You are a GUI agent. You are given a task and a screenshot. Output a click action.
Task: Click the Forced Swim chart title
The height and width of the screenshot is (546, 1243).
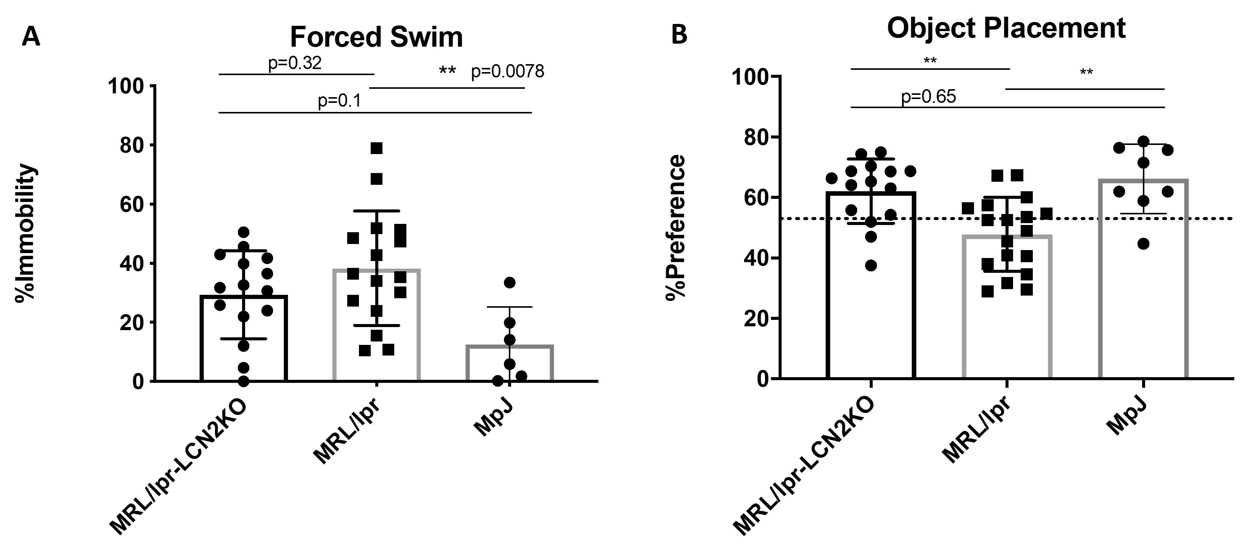pos(376,37)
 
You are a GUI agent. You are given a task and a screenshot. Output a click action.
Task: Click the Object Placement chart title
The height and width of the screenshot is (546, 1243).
pos(1006,28)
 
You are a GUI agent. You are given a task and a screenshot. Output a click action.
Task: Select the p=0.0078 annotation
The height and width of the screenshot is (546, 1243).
pos(507,72)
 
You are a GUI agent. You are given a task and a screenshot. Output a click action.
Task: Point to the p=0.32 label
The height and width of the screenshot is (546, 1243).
pos(295,63)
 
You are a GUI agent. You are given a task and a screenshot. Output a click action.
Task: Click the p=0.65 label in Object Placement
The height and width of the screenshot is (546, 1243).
pos(928,97)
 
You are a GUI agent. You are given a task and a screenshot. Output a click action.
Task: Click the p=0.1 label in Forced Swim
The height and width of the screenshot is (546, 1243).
pos(339,101)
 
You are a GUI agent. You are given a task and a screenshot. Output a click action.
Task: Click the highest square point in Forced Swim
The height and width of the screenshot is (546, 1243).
pos(376,148)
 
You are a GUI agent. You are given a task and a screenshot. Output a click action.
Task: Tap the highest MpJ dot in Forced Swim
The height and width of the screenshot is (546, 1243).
pos(510,282)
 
